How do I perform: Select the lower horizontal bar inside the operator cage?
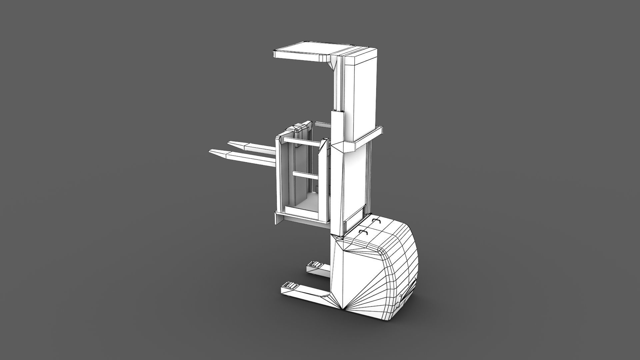point(303,174)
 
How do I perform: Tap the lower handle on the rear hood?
point(363,231)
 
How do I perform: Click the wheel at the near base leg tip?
point(290,285)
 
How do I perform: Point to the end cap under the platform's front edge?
point(278,219)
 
